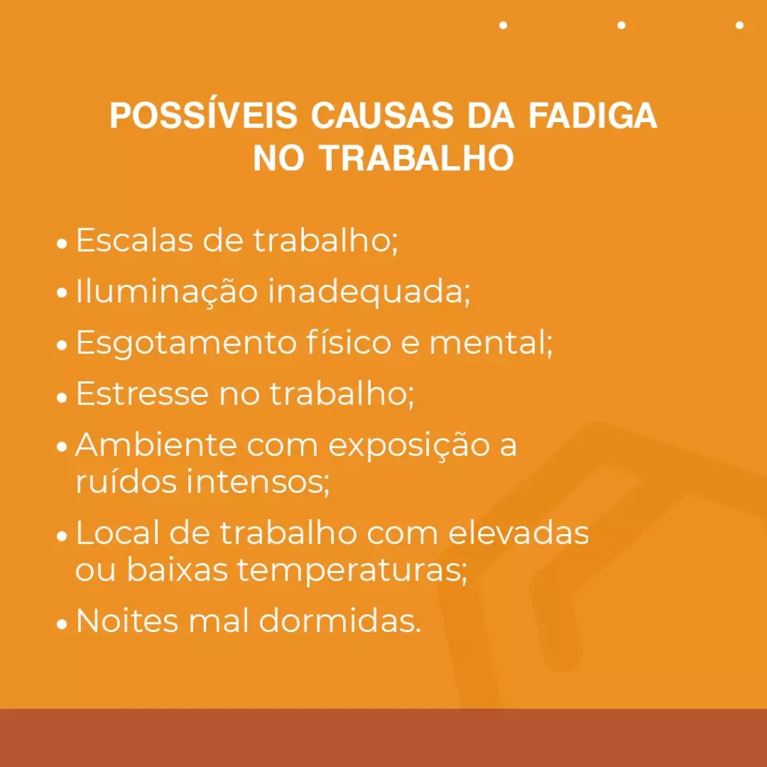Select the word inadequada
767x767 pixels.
coord(369,291)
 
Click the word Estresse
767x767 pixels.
coord(142,394)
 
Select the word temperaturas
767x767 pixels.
coord(352,571)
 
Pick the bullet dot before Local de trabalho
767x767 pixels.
coord(63,537)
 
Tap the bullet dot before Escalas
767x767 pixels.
coord(63,244)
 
